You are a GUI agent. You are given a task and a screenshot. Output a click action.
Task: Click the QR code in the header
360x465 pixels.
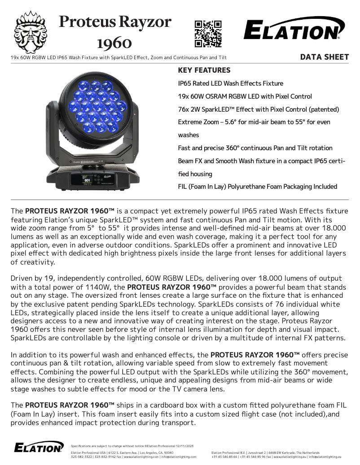pyautogui.click(x=208, y=34)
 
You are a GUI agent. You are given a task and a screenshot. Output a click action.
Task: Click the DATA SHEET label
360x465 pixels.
pyautogui.click(x=324, y=57)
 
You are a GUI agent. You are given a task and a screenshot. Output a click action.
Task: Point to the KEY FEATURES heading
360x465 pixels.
pyautogui.click(x=204, y=70)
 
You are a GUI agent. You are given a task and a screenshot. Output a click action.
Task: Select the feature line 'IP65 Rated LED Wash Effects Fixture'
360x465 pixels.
pyautogui.click(x=231, y=83)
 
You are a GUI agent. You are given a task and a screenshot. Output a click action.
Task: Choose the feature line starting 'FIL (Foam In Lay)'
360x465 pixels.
pyautogui.click(x=258, y=187)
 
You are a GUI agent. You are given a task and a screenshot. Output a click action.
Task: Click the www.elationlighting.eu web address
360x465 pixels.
pyautogui.click(x=290, y=457)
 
